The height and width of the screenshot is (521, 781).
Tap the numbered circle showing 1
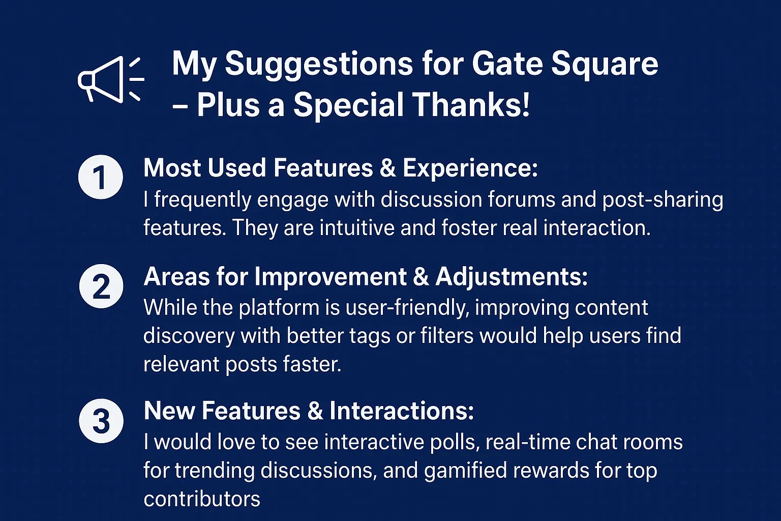[100, 177]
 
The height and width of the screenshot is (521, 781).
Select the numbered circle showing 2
[101, 286]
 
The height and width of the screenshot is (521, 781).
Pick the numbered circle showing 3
[101, 421]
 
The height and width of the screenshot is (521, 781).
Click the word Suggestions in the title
[319, 65]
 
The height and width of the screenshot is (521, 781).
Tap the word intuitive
[357, 228]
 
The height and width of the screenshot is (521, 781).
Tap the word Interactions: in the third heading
[402, 411]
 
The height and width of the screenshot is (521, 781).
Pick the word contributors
[202, 499]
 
